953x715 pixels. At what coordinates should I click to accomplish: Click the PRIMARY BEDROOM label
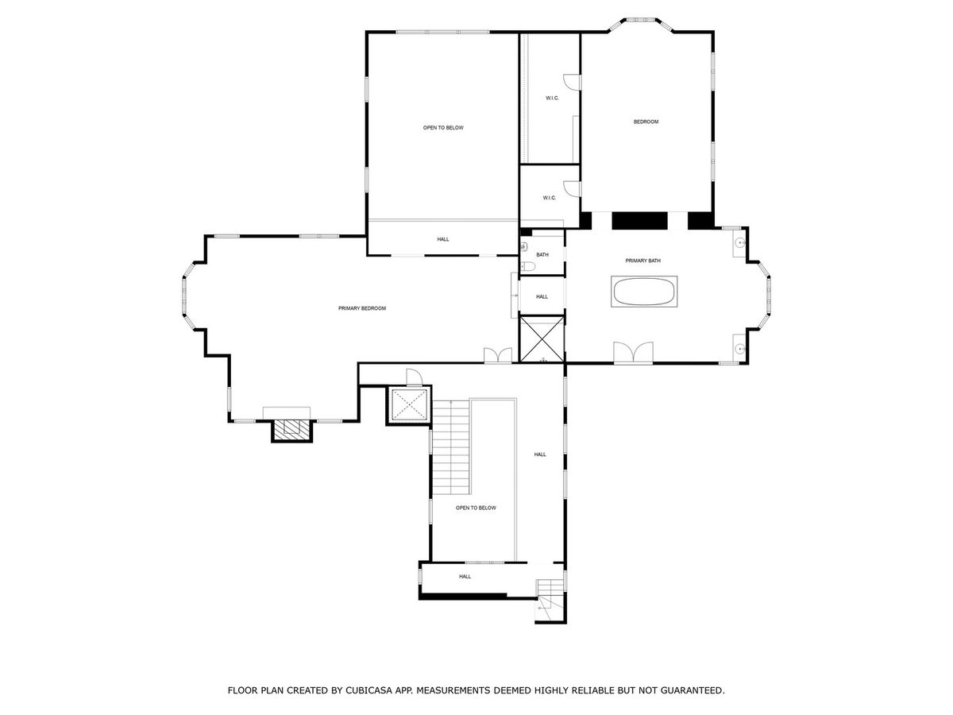(x=361, y=308)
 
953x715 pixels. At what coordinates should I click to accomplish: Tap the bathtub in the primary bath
(x=643, y=292)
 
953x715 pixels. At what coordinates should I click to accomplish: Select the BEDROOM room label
(x=646, y=122)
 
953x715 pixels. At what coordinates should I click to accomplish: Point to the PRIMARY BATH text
(x=642, y=261)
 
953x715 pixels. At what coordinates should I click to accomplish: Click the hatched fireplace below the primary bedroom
(x=291, y=431)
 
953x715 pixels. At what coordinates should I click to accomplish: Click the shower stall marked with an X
(x=542, y=339)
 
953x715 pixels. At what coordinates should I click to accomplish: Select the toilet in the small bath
(x=528, y=265)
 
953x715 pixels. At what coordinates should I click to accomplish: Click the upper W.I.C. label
(x=552, y=98)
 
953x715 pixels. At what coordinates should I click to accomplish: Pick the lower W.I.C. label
(x=549, y=198)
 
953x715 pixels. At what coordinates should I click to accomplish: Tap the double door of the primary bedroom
(x=498, y=355)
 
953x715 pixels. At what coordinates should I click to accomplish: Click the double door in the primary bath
(x=633, y=352)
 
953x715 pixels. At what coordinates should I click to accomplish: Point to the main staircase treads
(x=451, y=446)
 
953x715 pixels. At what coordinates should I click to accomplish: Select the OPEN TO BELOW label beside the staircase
(x=476, y=508)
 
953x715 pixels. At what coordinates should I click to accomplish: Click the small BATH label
(x=542, y=255)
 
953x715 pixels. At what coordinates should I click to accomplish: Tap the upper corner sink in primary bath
(x=739, y=242)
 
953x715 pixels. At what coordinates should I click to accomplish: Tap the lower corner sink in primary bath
(x=739, y=348)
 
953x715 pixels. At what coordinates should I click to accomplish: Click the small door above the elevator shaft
(x=414, y=377)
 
